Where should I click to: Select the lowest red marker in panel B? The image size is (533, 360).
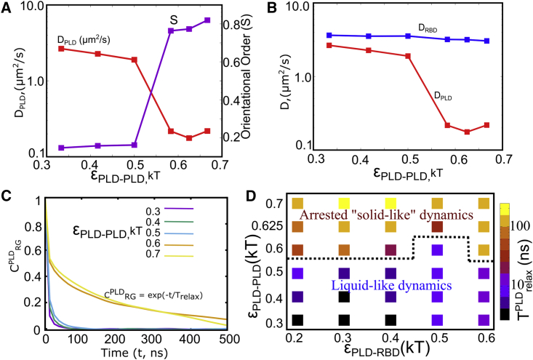point(446,132)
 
